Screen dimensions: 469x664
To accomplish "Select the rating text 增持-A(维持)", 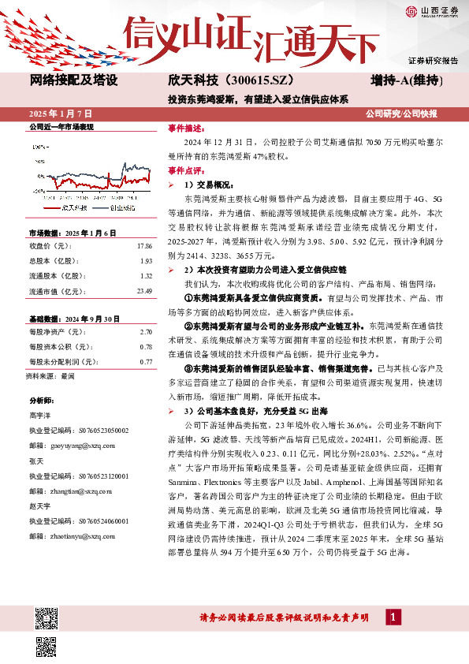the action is (406, 80).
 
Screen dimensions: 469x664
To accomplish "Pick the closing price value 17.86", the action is (143, 245).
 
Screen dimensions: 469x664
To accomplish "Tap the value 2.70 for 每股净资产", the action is (144, 334).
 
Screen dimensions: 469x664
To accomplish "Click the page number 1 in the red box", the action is (392, 616).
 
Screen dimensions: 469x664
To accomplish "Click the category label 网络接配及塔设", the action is (74, 80).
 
